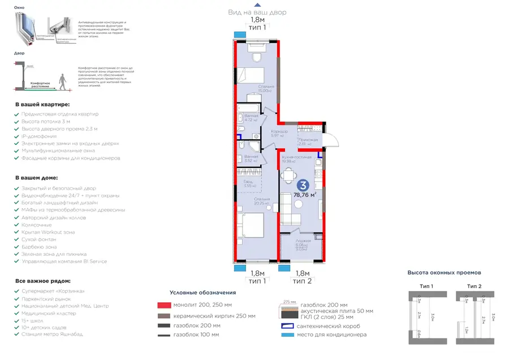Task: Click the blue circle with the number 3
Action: click(303, 185)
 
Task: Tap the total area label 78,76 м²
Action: click(304, 195)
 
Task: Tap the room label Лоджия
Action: click(302, 241)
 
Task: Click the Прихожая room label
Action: click(308, 140)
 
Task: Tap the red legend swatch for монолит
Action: click(163, 306)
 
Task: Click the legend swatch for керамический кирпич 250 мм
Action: click(163, 316)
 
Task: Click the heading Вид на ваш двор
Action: click(257, 12)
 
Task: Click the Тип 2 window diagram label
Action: click(475, 286)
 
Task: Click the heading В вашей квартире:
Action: click(42, 105)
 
